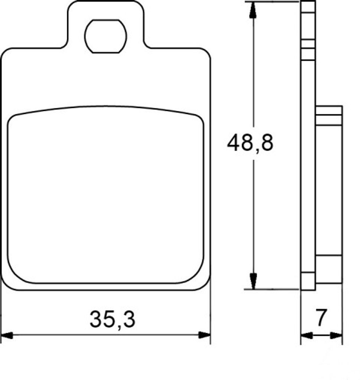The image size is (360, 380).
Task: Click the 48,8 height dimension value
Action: (250, 143)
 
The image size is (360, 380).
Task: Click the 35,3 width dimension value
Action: (112, 320)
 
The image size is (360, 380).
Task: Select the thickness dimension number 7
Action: (321, 317)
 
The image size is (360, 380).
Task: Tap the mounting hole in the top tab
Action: (106, 36)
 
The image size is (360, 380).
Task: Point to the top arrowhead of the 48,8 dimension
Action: (253, 10)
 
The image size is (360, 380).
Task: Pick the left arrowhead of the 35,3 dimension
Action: (7, 335)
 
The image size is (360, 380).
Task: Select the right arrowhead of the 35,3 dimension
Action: (204, 335)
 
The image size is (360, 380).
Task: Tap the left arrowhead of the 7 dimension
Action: (307, 336)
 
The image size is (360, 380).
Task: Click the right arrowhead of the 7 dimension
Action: (337, 336)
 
